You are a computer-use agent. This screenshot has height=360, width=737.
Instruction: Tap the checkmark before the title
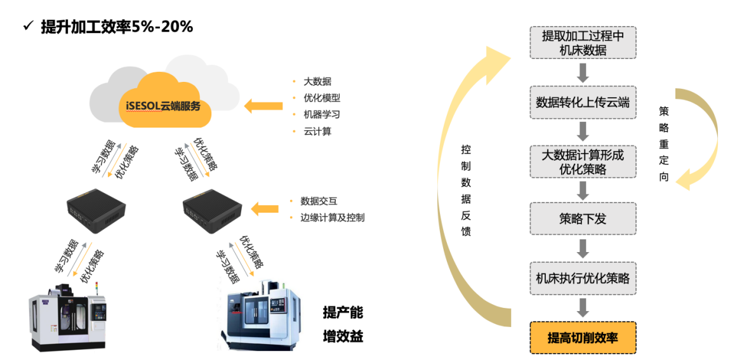click(x=27, y=26)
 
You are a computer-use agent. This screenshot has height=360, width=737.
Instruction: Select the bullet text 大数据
click(x=317, y=81)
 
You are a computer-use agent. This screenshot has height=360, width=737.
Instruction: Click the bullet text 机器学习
click(x=322, y=114)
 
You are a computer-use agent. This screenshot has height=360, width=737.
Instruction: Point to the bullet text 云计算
click(x=317, y=131)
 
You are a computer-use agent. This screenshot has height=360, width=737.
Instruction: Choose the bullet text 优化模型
click(x=322, y=98)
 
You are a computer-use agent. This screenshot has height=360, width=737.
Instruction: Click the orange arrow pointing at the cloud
click(x=263, y=105)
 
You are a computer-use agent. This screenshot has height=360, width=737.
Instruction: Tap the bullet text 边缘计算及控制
click(x=333, y=217)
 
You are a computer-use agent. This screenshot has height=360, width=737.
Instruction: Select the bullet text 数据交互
click(x=319, y=201)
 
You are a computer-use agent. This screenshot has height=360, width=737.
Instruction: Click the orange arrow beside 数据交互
click(x=265, y=208)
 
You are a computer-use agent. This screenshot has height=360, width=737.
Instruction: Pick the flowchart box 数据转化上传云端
click(x=583, y=102)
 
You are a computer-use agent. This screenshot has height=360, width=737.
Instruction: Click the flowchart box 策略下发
click(x=583, y=219)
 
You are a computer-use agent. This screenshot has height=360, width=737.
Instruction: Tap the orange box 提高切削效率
click(x=583, y=338)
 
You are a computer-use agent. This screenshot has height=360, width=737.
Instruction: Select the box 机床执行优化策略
click(x=583, y=278)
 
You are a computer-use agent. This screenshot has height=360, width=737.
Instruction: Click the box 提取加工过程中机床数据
click(x=583, y=43)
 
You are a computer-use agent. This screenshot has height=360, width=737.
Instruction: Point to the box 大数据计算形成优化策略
click(x=583, y=161)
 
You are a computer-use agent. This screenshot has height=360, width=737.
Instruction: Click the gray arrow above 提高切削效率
click(x=583, y=307)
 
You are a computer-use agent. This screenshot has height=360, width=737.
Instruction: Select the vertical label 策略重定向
click(x=663, y=143)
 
